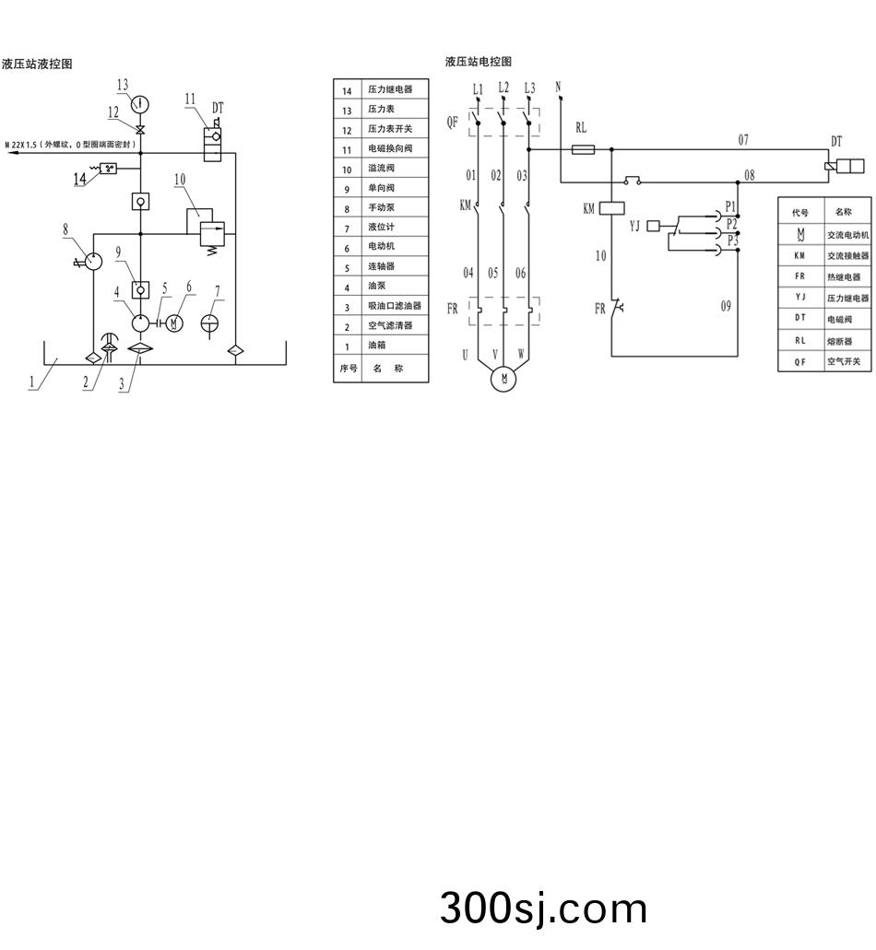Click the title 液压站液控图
tap(37, 64)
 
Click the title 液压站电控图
tap(478, 62)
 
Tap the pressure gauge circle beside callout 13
tap(141, 102)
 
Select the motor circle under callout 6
tap(177, 323)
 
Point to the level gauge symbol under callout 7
tap(212, 325)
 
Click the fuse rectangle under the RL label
tap(583, 148)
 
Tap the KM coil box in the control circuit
tap(612, 208)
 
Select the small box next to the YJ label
tap(654, 226)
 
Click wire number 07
tap(743, 140)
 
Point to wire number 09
tap(726, 305)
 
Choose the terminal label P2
tap(731, 224)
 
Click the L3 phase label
tap(528, 88)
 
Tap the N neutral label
tap(558, 87)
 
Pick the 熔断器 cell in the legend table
tap(839, 340)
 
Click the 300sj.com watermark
tap(543, 909)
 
